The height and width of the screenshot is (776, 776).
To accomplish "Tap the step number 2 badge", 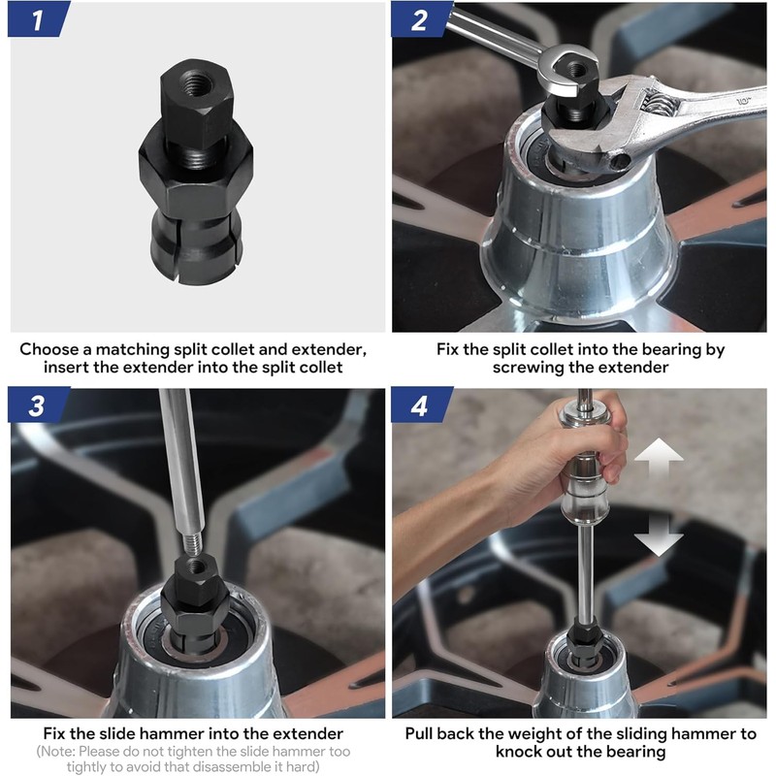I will pos(420,19).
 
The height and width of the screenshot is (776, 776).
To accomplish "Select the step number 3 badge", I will pos(37,405).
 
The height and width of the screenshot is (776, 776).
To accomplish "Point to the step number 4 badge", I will pos(420,405).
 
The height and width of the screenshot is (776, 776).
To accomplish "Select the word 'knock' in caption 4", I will pos(520,752).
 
